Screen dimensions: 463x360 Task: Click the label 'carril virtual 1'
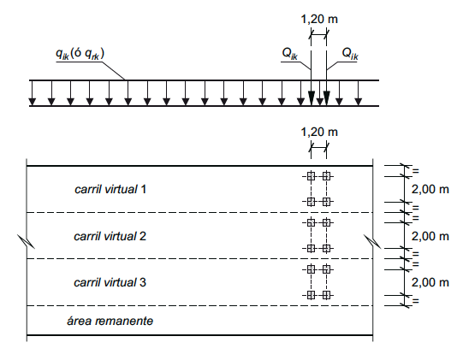click(x=110, y=189)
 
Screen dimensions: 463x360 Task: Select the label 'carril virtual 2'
click(x=110, y=236)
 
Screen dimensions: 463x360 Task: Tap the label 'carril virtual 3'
click(x=110, y=282)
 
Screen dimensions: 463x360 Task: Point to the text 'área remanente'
click(x=110, y=321)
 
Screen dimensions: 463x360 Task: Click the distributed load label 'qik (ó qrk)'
click(x=80, y=54)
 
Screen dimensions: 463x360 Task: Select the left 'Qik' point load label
click(x=289, y=54)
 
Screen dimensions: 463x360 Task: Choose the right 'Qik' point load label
click(x=350, y=54)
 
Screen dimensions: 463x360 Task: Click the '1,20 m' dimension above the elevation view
click(x=319, y=19)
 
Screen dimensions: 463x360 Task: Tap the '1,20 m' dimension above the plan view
click(x=319, y=132)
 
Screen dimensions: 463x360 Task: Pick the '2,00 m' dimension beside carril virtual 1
click(x=430, y=189)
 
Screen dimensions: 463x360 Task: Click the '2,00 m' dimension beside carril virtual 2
click(x=430, y=236)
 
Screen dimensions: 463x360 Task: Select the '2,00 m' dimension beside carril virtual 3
click(x=430, y=282)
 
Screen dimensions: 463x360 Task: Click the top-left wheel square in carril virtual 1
click(x=311, y=176)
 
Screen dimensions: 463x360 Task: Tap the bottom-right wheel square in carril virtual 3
click(x=326, y=295)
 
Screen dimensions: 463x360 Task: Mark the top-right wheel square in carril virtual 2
click(x=326, y=223)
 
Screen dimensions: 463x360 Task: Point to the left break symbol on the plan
click(x=27, y=242)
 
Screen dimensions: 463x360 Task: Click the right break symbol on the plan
click(x=372, y=242)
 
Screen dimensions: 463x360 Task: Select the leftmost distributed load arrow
click(x=33, y=92)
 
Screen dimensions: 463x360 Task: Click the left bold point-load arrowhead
click(x=312, y=98)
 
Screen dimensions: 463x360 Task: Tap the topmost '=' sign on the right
click(x=415, y=171)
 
